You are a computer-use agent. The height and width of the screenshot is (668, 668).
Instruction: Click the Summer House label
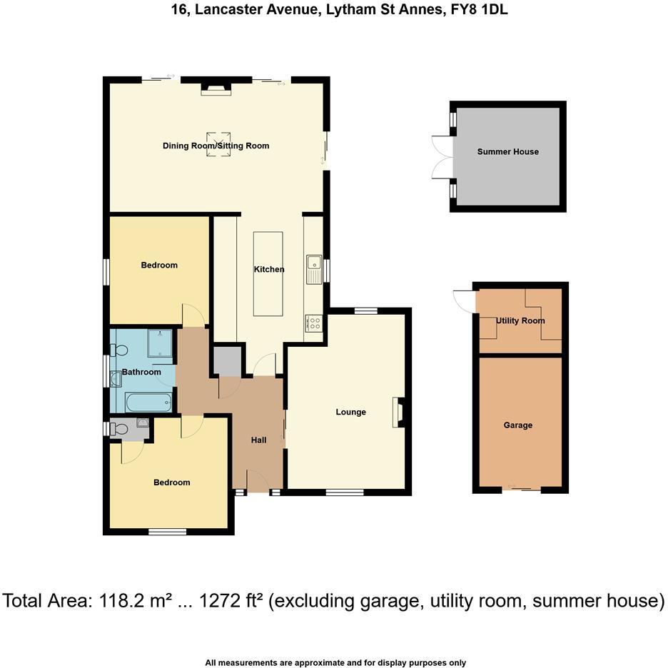[x=507, y=151]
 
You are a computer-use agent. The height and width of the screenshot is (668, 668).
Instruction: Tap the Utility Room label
[x=520, y=320]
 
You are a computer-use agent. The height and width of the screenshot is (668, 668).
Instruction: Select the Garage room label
[x=517, y=425]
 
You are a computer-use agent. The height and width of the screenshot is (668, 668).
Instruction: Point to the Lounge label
[x=350, y=412]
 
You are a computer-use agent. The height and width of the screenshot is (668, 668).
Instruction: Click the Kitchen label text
[x=269, y=269]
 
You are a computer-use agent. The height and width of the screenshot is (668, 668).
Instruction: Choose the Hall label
[x=258, y=440]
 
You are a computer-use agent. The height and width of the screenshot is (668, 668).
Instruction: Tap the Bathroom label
[x=141, y=372]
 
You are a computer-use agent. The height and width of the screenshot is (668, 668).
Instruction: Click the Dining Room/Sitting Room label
[x=216, y=146]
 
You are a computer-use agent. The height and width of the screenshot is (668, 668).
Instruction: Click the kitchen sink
[x=314, y=270]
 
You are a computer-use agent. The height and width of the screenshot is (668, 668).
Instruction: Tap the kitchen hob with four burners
[x=313, y=323]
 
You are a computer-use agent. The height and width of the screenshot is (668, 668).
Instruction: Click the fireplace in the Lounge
[x=397, y=413]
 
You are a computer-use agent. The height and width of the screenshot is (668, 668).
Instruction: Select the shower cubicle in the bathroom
[x=159, y=343]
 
